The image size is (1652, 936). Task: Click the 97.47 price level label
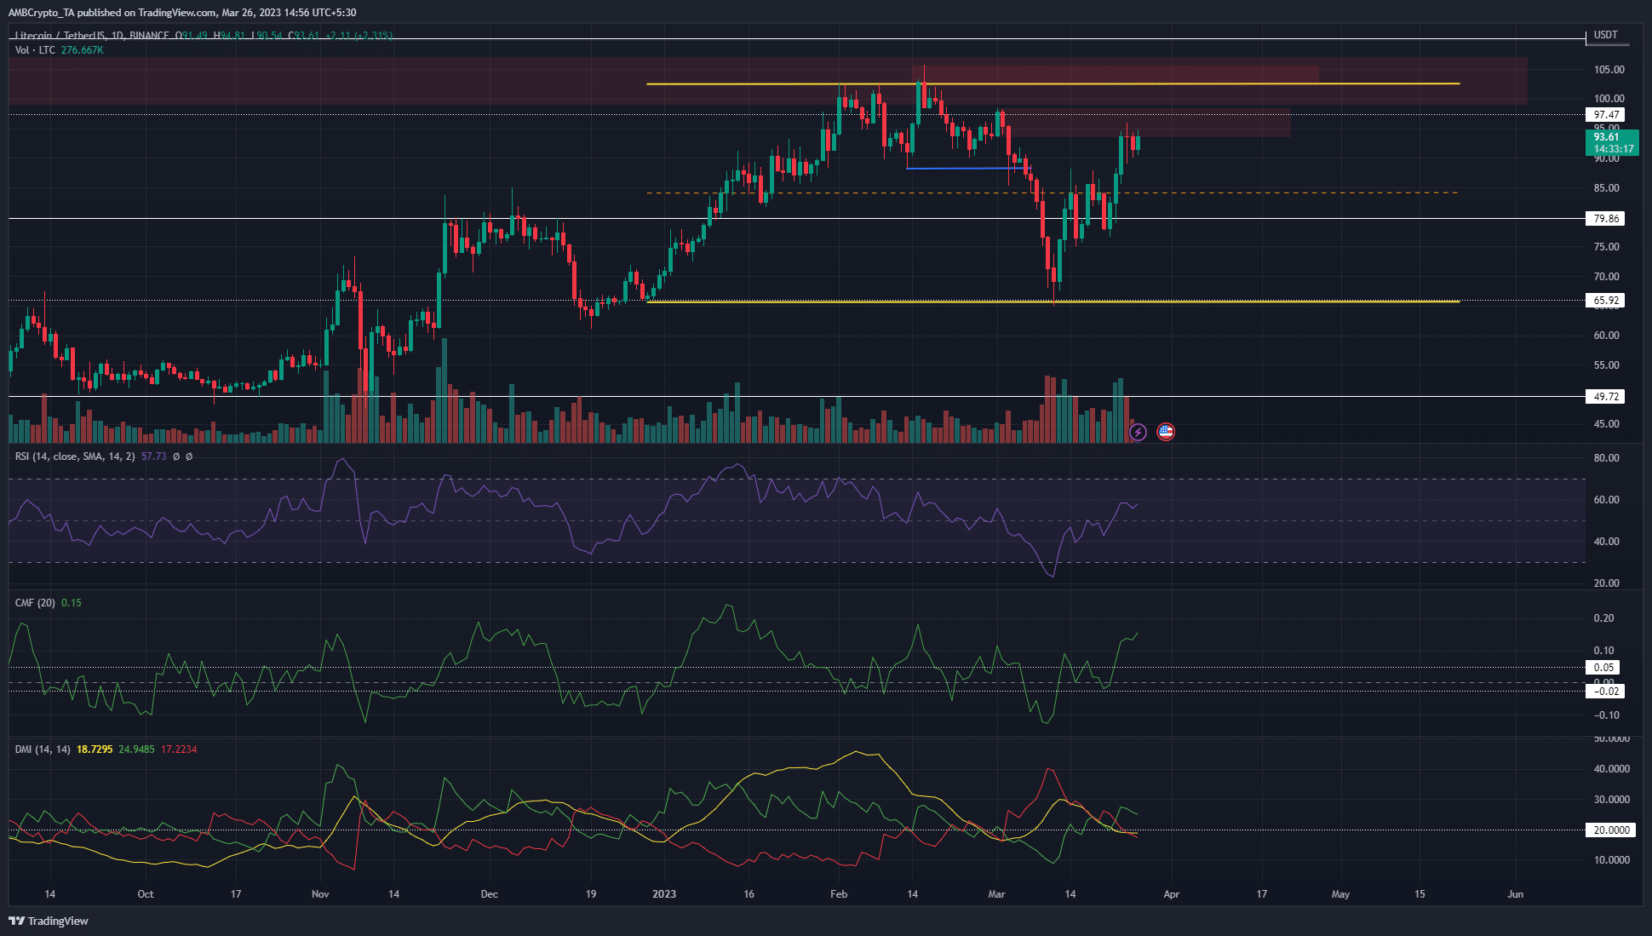click(1606, 115)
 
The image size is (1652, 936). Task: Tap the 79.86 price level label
click(1606, 219)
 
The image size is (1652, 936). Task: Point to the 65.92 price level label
click(1606, 301)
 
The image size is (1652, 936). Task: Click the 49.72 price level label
click(1606, 397)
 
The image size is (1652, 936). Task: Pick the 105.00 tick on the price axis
click(1609, 70)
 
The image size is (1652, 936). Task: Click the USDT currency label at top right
click(1605, 35)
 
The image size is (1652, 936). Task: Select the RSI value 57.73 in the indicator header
click(154, 457)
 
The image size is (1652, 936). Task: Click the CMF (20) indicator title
click(35, 603)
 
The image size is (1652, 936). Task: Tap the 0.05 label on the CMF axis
click(1603, 668)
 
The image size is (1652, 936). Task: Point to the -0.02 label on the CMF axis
click(1605, 692)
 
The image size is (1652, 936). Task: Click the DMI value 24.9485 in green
click(136, 749)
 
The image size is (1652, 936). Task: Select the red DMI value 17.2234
click(179, 749)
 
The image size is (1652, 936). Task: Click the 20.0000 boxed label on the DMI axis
click(1611, 830)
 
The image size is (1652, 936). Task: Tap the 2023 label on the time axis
click(663, 894)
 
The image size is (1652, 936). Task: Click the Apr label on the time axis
click(1171, 894)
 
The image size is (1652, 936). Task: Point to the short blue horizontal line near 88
click(962, 169)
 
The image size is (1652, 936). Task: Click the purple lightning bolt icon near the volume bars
click(1139, 433)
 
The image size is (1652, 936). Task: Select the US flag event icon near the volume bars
click(1166, 433)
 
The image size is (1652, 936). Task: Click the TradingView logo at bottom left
click(49, 921)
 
